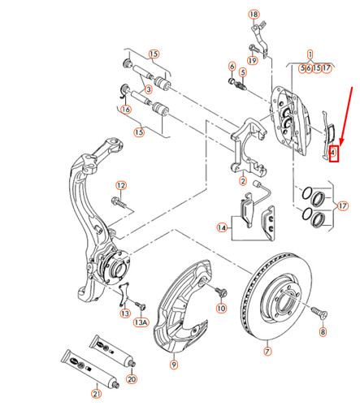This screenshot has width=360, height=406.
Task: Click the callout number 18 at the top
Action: click(253, 15)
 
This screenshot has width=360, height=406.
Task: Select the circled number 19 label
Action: click(253, 59)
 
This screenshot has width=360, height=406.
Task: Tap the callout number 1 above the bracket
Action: click(310, 55)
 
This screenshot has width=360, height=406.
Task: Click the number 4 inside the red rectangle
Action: click(333, 152)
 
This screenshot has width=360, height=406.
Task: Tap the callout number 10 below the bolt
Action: click(220, 309)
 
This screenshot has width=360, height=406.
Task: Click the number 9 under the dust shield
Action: click(172, 365)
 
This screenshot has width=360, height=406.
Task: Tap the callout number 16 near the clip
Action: click(125, 110)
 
